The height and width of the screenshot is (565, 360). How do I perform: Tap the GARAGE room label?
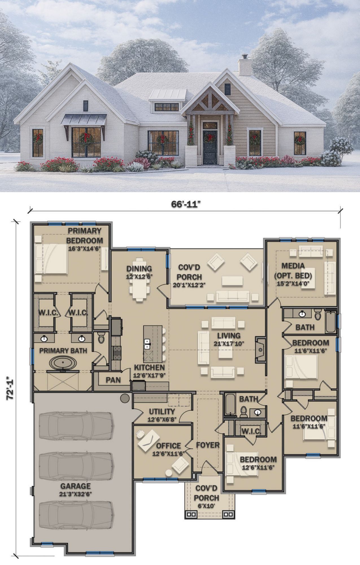pos(76,486)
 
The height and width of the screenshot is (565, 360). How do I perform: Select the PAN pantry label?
pos(114,380)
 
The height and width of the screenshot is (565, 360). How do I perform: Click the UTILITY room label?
pos(162,412)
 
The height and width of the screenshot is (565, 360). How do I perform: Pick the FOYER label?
pos(208,445)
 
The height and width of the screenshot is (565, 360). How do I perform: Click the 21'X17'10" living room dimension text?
pos(229,344)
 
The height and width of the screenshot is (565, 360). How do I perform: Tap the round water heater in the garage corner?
pos(125,398)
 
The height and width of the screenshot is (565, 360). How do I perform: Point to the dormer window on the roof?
pos(167,107)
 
